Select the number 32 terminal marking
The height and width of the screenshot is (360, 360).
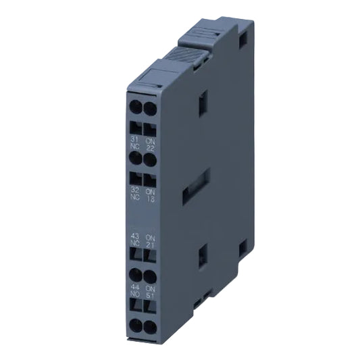(134, 190)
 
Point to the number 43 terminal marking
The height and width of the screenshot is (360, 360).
(134, 235)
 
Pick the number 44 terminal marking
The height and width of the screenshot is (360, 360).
(134, 288)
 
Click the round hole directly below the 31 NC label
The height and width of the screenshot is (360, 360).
(135, 157)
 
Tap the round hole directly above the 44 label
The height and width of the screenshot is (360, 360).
(135, 276)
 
